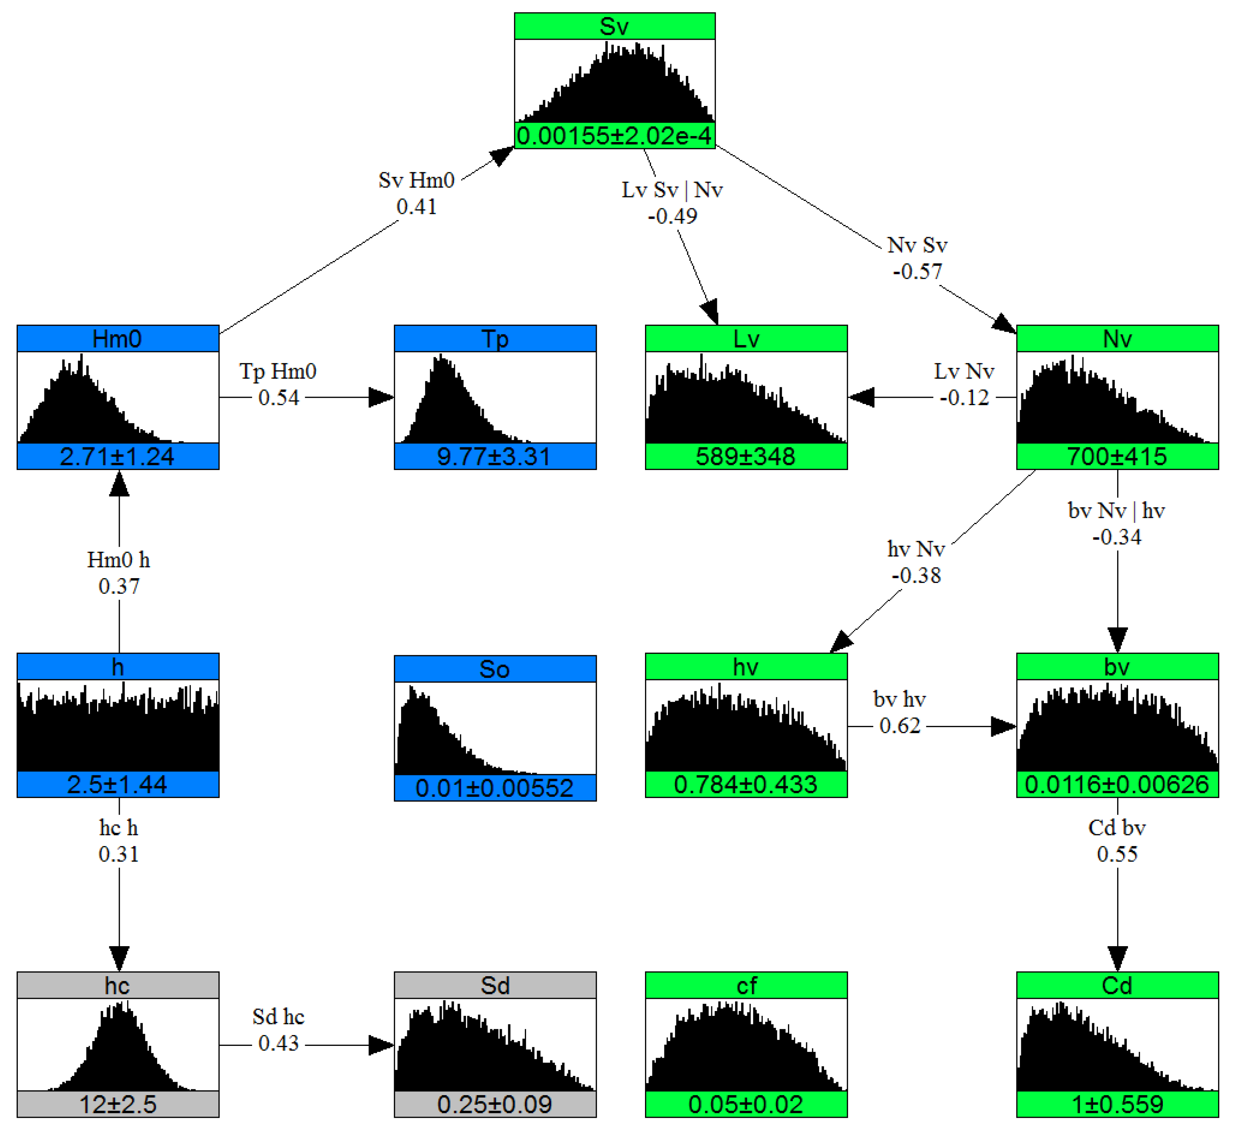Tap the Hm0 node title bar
click(x=118, y=338)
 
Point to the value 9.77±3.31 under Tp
click(x=494, y=457)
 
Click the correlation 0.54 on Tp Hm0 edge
click(x=278, y=398)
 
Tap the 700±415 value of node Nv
click(x=1117, y=457)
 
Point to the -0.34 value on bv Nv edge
click(x=1117, y=537)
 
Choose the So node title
click(x=494, y=669)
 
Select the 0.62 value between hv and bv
click(x=900, y=726)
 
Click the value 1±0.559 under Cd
click(x=1117, y=1105)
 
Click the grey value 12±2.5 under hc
click(x=118, y=1105)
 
